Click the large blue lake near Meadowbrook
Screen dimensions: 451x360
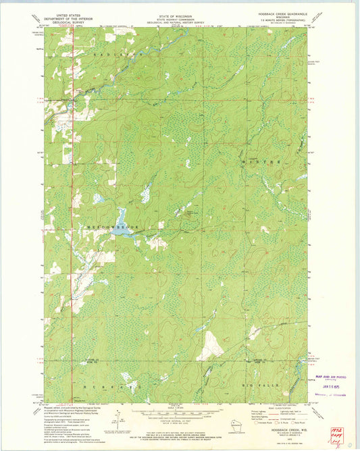tap(121, 220)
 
